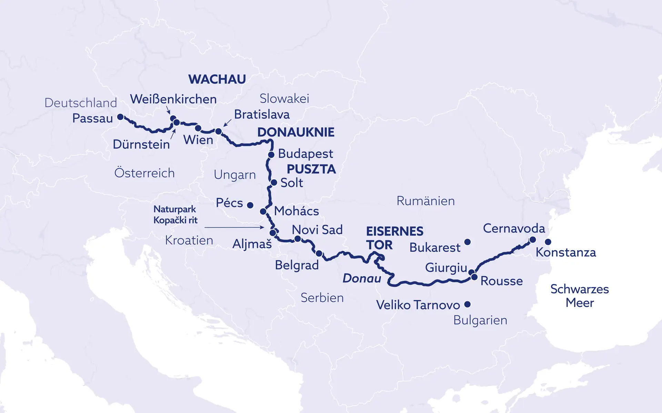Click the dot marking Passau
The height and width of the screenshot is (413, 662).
pyautogui.click(x=120, y=117)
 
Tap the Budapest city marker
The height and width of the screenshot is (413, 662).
pyautogui.click(x=271, y=155)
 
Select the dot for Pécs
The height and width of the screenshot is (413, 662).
pyautogui.click(x=250, y=205)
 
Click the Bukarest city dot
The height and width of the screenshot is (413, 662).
pyautogui.click(x=468, y=242)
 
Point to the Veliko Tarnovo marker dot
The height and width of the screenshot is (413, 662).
pyautogui.click(x=468, y=304)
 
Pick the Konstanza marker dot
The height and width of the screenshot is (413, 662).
pyautogui.click(x=548, y=242)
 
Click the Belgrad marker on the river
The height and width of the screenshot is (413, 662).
pyautogui.click(x=319, y=254)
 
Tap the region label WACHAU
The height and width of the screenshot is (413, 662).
pyautogui.click(x=217, y=79)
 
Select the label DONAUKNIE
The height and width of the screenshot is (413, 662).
pyautogui.click(x=296, y=132)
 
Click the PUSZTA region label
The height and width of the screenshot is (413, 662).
pyautogui.click(x=311, y=169)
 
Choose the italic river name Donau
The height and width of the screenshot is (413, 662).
pyautogui.click(x=362, y=278)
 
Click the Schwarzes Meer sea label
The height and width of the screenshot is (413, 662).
pyautogui.click(x=579, y=296)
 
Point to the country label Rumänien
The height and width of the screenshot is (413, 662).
pyautogui.click(x=425, y=201)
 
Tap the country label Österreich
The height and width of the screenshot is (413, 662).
pyautogui.click(x=144, y=173)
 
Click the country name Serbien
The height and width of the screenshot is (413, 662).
pyautogui.click(x=322, y=298)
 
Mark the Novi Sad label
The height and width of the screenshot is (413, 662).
pyautogui.click(x=317, y=230)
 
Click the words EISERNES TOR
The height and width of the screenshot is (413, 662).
pyautogui.click(x=394, y=238)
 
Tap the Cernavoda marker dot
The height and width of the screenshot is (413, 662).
pyautogui.click(x=532, y=240)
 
